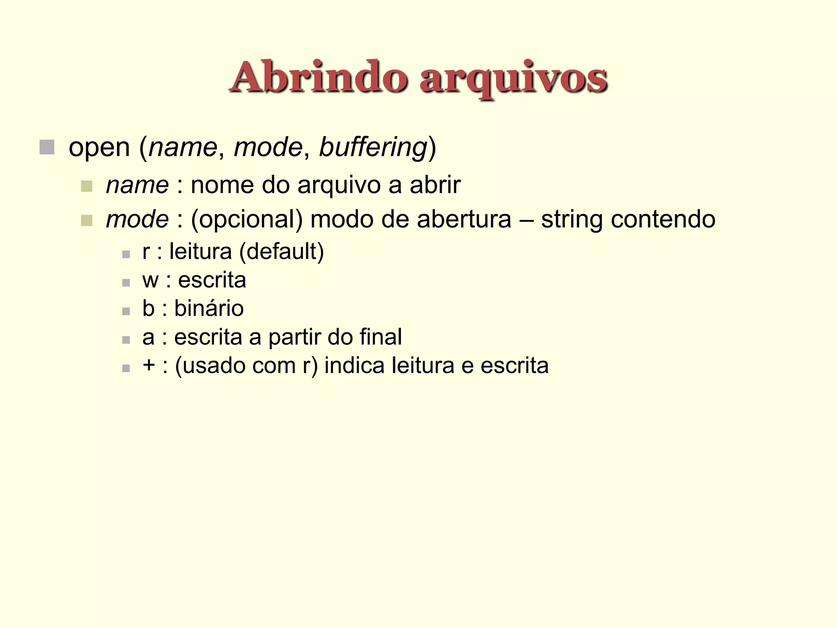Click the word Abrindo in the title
tap(319, 78)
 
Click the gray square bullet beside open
tap(47, 147)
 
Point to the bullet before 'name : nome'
tap(87, 186)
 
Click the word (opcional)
tap(247, 220)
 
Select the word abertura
tap(464, 219)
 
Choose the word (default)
tap(282, 251)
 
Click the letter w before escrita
tap(150, 281)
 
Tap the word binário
tap(209, 308)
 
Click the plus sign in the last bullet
tap(149, 365)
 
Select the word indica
tap(354, 366)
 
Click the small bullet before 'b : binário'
tap(126, 311)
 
